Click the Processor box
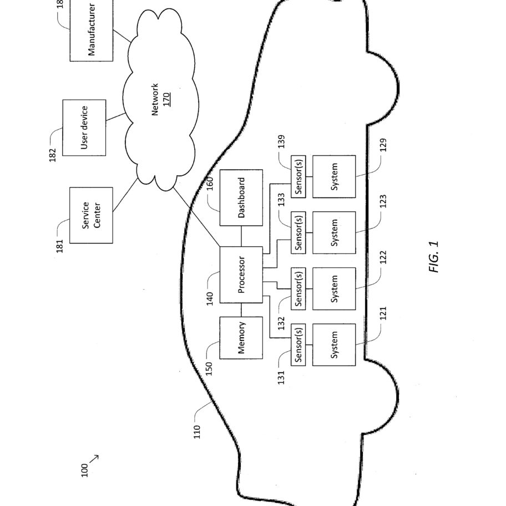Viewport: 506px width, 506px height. click(241, 275)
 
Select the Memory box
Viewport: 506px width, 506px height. click(241, 337)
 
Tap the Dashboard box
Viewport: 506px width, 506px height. click(241, 198)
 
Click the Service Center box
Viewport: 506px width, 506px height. click(92, 215)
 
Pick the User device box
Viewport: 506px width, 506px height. click(84, 128)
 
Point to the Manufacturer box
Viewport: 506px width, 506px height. click(92, 30)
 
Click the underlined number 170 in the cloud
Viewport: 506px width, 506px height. click(166, 99)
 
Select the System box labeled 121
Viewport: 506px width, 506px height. click(334, 345)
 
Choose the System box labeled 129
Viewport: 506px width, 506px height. click(334, 176)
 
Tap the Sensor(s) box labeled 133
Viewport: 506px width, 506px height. click(298, 232)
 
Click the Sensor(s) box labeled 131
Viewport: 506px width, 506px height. click(298, 345)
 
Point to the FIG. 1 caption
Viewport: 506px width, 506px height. click(434, 257)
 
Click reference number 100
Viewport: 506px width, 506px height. click(84, 470)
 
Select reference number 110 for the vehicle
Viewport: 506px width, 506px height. click(197, 432)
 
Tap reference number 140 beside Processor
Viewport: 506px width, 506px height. click(210, 298)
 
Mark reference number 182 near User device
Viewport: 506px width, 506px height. click(52, 155)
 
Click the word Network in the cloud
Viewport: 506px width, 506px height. click(155, 99)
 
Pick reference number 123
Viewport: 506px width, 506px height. click(383, 201)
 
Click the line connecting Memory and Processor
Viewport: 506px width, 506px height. click(241, 310)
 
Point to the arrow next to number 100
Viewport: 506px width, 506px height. click(94, 459)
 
